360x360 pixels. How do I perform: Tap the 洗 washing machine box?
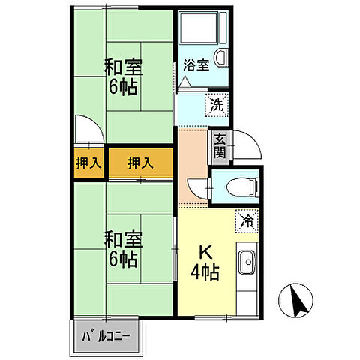[215, 105]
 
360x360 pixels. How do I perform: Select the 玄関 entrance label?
[219, 145]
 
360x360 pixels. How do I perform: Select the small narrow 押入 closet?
[88, 163]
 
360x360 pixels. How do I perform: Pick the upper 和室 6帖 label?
[120, 76]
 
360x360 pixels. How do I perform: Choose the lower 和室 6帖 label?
[120, 249]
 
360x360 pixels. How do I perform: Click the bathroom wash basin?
[221, 57]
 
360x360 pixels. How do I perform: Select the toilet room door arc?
[196, 187]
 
